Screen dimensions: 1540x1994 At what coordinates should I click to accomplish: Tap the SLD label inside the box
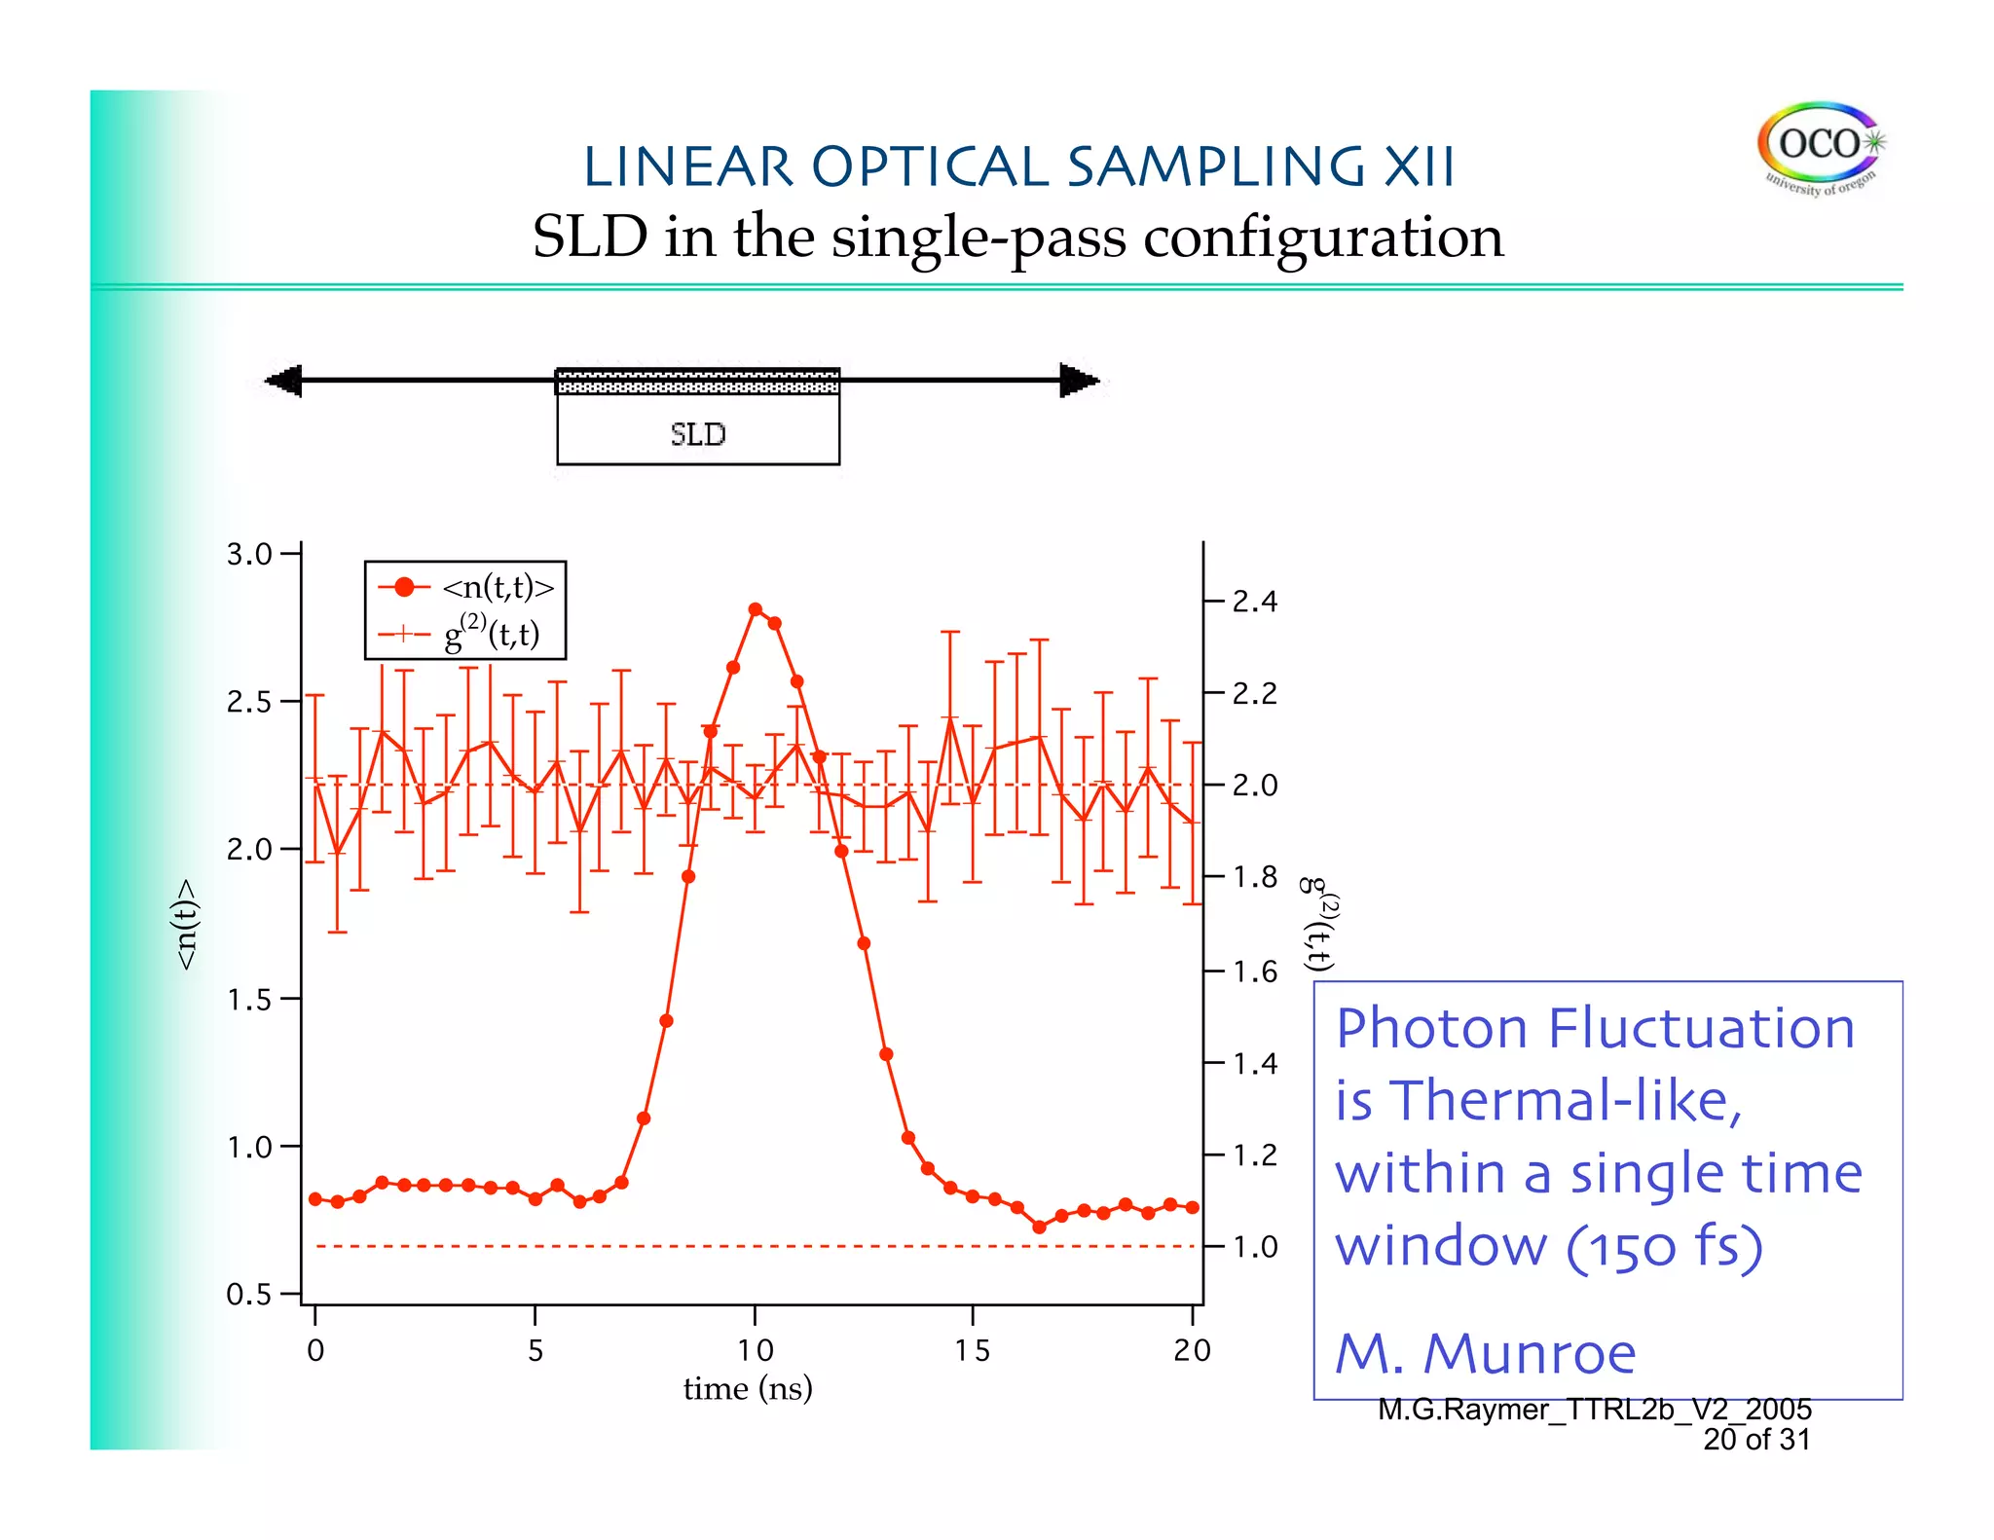[697, 434]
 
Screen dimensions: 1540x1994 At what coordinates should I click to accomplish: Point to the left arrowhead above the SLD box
[284, 380]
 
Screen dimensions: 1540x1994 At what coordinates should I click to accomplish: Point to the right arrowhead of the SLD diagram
[1079, 380]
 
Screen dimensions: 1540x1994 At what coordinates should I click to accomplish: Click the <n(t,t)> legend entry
[498, 587]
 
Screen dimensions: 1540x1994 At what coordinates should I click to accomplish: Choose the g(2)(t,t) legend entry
[492, 635]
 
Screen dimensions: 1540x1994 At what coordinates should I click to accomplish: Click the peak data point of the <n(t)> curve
[756, 609]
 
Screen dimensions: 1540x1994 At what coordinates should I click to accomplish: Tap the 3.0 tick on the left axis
[249, 555]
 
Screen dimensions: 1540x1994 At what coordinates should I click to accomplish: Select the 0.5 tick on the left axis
[249, 1295]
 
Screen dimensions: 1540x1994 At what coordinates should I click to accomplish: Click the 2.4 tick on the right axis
[1254, 602]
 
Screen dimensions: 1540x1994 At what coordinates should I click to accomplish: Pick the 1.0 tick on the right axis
[1254, 1247]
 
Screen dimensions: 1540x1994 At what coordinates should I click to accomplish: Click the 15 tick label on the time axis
[972, 1350]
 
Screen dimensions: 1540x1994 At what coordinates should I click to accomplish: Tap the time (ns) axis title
[748, 1388]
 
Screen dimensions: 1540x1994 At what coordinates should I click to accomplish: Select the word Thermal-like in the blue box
[1564, 1101]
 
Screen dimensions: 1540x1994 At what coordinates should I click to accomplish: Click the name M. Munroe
[1485, 1353]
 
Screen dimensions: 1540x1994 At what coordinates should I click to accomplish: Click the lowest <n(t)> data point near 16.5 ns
[1039, 1228]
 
